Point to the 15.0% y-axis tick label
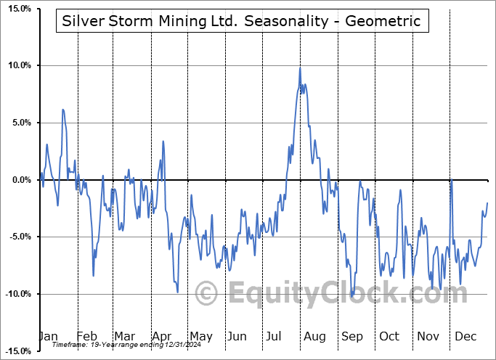[17, 9]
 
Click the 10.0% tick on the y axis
[17, 66]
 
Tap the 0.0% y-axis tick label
[19, 180]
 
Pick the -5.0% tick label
[17, 237]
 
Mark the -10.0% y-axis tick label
[15, 294]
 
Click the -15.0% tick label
[15, 351]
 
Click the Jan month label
[48, 336]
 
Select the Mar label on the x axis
[123, 336]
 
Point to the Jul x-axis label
[275, 336]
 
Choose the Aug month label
[314, 336]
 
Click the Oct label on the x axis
[389, 336]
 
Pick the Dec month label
[465, 336]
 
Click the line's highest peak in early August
[300, 67]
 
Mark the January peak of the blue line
[63, 110]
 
